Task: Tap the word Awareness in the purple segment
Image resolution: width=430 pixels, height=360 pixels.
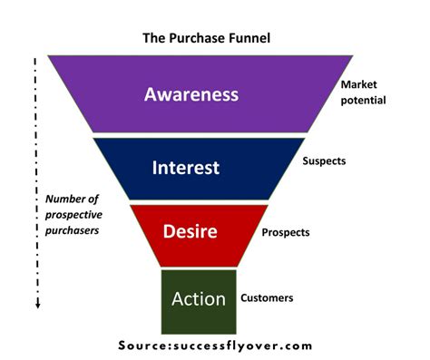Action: tap(191, 94)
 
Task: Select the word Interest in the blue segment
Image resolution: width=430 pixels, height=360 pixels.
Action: tap(186, 168)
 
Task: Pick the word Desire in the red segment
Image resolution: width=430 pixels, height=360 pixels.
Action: tap(191, 231)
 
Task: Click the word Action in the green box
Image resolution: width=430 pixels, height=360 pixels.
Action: tap(198, 298)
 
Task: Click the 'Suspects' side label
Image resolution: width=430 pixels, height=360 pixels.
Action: tap(323, 161)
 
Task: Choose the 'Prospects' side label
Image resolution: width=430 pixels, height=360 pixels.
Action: tap(285, 232)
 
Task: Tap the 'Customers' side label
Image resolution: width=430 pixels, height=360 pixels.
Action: tap(267, 297)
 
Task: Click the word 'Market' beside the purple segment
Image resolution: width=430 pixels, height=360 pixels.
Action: tap(357, 83)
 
